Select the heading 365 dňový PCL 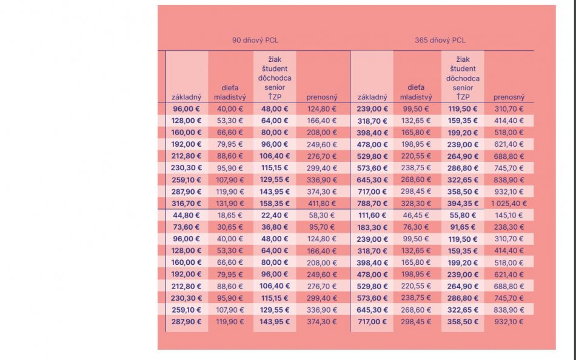point(440,41)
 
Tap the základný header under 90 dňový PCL point(187,97)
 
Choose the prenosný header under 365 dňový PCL point(509,97)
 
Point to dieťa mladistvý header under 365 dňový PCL point(416,92)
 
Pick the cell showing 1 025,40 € point(509,204)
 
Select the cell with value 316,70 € point(187,204)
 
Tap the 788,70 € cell point(372,204)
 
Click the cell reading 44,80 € point(187,215)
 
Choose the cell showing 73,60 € point(187,227)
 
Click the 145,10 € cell point(509,215)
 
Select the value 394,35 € point(463,204)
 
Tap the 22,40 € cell point(275,215)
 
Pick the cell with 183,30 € point(372,227)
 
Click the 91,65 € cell point(463,227)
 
